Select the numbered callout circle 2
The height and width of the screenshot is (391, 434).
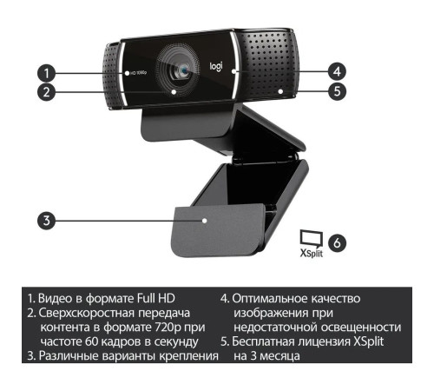click(x=49, y=89)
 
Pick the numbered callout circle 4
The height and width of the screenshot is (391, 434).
click(x=337, y=70)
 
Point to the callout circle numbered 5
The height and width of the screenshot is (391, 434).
click(x=337, y=89)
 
